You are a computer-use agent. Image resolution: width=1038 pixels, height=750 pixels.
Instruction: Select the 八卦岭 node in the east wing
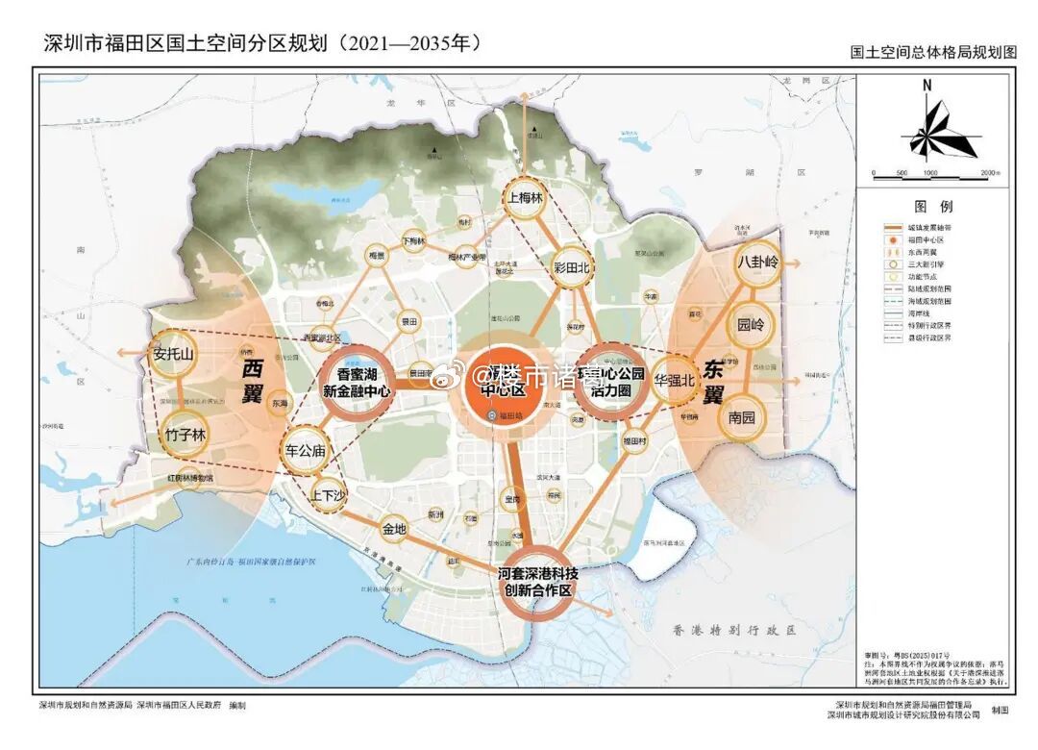tap(757, 261)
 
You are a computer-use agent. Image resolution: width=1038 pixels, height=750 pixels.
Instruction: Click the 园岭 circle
tap(751, 324)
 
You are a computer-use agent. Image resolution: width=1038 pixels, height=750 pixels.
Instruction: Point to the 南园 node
tap(743, 418)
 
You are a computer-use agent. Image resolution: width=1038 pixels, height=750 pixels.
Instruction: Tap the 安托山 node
tap(173, 354)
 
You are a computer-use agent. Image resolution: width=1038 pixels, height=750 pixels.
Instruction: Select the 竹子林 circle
tap(185, 435)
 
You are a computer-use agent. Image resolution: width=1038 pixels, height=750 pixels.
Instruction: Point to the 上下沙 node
tap(327, 497)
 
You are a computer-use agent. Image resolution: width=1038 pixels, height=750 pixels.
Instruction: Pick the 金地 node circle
tap(394, 528)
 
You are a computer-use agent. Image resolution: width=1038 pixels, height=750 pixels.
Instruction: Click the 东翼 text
tap(712, 380)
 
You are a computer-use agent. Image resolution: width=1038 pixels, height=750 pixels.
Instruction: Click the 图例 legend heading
tap(932, 207)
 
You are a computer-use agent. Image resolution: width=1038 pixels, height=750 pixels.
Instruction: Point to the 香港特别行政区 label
tap(735, 631)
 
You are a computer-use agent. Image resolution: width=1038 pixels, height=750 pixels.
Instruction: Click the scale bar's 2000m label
tap(992, 173)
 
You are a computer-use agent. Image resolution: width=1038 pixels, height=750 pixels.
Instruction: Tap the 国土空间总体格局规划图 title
tap(933, 54)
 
